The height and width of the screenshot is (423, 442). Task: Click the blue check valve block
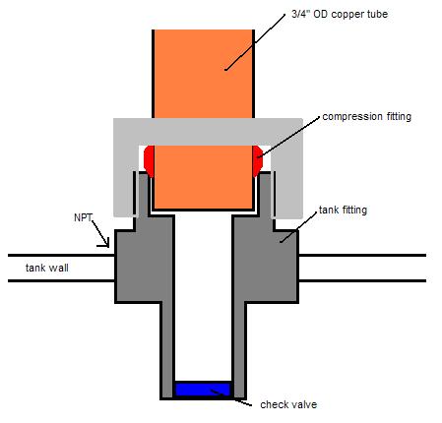(203, 390)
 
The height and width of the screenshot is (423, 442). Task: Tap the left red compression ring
(150, 161)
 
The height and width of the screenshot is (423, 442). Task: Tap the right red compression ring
(258, 161)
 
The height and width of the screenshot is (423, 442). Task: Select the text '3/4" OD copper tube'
(340, 14)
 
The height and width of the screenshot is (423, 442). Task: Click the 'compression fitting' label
(366, 117)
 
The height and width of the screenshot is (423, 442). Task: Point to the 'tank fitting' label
(343, 210)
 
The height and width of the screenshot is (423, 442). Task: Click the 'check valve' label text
(288, 404)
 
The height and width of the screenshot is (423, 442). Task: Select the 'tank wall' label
(47, 268)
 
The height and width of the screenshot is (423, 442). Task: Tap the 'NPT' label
(83, 217)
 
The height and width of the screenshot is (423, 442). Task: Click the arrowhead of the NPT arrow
(106, 244)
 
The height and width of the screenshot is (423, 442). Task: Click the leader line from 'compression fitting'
(288, 137)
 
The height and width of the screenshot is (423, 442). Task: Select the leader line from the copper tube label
(255, 42)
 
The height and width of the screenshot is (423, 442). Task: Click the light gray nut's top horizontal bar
(208, 132)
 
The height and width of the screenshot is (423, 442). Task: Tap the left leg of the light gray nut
(125, 181)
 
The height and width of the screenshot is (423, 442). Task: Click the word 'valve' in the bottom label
(303, 404)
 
